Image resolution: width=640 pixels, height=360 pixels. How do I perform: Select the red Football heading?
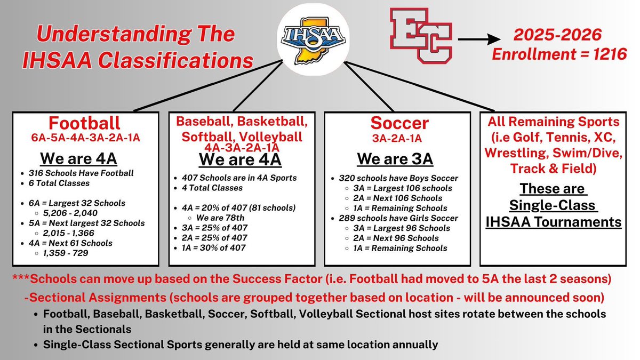pos(85,123)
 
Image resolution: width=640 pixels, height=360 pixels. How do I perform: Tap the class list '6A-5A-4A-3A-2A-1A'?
pos(85,138)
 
